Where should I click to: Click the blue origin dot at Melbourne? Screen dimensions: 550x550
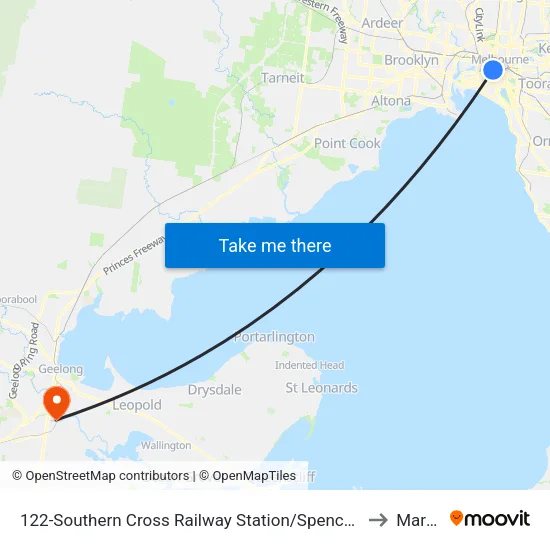click(x=492, y=70)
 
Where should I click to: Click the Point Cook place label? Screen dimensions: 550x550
click(x=347, y=143)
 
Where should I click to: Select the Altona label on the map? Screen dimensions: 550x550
click(x=390, y=101)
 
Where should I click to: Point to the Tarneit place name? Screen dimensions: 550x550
click(x=282, y=78)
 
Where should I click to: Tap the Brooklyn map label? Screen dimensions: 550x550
click(x=411, y=60)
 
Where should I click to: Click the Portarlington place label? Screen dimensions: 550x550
click(x=274, y=337)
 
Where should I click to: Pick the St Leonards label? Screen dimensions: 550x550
click(x=321, y=388)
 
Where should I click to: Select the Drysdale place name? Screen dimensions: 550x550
click(x=215, y=390)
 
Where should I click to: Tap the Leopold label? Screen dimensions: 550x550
click(x=136, y=405)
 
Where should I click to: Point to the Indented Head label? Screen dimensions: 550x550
click(x=309, y=365)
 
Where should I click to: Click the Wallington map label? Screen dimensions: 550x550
click(x=165, y=445)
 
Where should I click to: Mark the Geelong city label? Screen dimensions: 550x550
click(x=60, y=369)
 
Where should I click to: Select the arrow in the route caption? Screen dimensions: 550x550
click(x=378, y=519)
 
